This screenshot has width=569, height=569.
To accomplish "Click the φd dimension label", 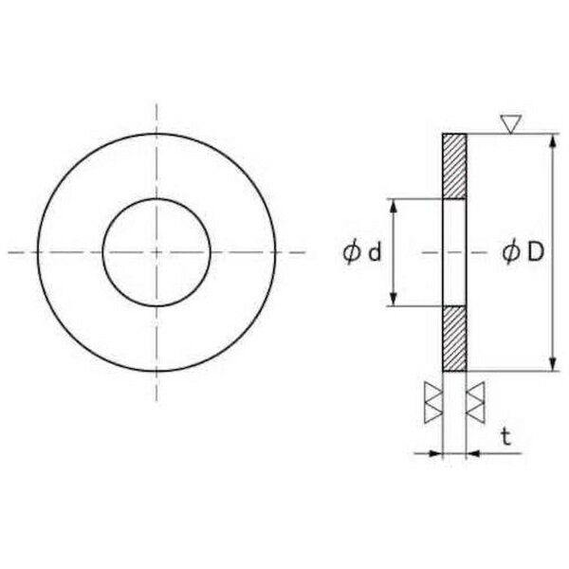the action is pyautogui.click(x=362, y=252).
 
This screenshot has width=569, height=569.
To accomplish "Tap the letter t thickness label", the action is pyautogui.click(x=506, y=436).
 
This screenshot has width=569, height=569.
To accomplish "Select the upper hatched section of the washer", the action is pyautogui.click(x=454, y=167).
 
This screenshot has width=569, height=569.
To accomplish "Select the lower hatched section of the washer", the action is pyautogui.click(x=454, y=339).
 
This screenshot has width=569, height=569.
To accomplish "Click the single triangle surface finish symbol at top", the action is pyautogui.click(x=511, y=124).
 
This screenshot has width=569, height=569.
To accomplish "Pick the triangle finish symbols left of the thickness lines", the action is pyautogui.click(x=433, y=402).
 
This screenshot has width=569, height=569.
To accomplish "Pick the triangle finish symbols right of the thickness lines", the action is pyautogui.click(x=475, y=402).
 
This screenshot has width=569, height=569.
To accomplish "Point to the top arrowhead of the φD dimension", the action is pyautogui.click(x=553, y=140).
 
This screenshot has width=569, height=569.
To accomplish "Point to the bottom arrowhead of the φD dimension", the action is pyautogui.click(x=553, y=364).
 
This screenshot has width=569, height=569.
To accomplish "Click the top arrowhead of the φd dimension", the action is pyautogui.click(x=394, y=206).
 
